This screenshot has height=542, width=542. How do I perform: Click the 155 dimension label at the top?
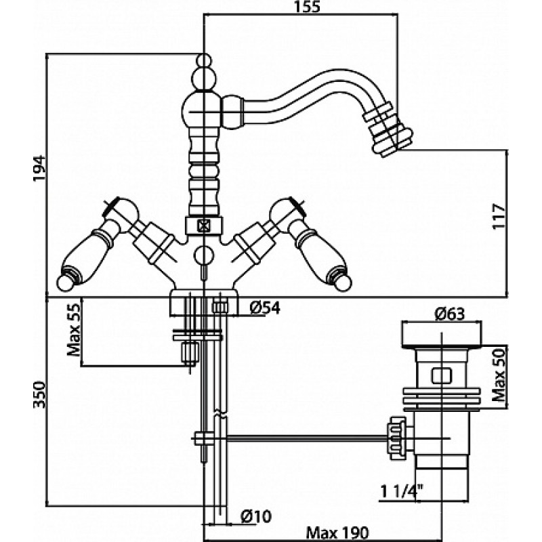pos(308,7)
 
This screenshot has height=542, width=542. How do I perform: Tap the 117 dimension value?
pos(499,216)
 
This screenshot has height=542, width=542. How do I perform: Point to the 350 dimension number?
pos(40,394)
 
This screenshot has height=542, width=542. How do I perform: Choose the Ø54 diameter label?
pos(265,308)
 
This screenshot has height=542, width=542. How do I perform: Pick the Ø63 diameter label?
pos(449,314)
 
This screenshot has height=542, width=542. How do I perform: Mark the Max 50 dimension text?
pos(499,375)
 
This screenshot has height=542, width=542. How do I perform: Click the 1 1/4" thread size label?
pos(402,491)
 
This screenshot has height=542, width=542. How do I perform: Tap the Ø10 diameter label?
pos(256,516)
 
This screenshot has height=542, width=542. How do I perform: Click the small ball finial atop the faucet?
pos(203,60)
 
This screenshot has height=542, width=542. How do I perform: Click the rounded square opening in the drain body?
pos(442,375)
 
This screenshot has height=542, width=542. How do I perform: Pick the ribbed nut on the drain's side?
pos(397,438)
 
